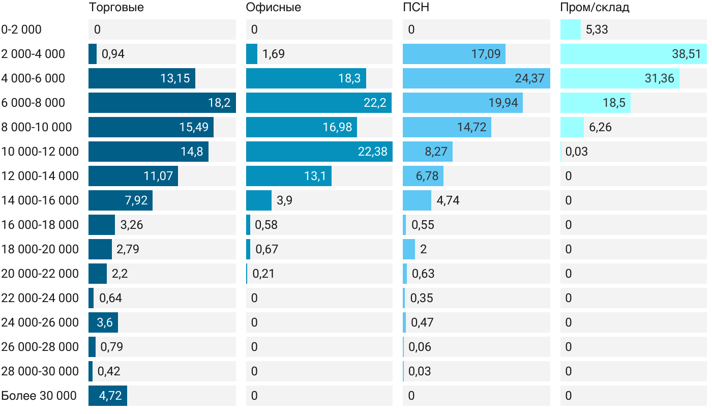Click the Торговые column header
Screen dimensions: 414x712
(x=116, y=8)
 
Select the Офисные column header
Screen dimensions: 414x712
(x=273, y=8)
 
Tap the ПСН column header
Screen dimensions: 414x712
(x=416, y=8)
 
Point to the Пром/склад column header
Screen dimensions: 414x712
(x=595, y=8)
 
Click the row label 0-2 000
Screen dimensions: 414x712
(x=21, y=29)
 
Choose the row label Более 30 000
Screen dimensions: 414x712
(x=39, y=396)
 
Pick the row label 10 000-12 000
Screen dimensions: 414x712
(x=40, y=152)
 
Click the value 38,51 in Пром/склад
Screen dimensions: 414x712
(x=686, y=54)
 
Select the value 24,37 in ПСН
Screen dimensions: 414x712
(x=529, y=78)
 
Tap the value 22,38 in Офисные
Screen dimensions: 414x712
(x=372, y=152)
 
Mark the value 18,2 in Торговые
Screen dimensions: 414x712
(x=219, y=103)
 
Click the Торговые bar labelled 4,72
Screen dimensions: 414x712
(x=108, y=396)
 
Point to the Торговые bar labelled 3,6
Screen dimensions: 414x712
(x=103, y=322)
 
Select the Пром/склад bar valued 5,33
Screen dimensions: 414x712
(x=570, y=29)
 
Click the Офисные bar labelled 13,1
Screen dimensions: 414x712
(x=288, y=176)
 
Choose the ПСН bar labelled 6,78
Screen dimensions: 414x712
(x=423, y=176)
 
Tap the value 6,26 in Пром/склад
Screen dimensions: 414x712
(x=600, y=127)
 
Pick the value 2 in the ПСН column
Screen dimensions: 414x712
(x=424, y=249)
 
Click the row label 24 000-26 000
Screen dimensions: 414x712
(x=40, y=322)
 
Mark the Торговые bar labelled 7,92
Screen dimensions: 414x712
(x=120, y=200)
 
